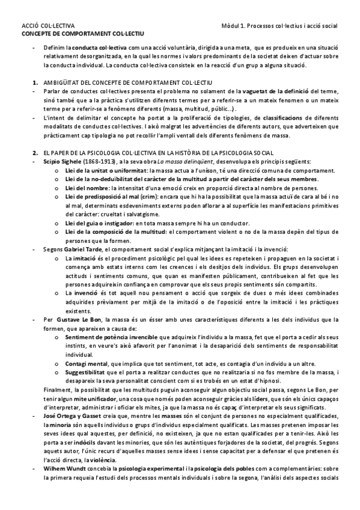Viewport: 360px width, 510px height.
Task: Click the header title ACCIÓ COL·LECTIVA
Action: pos(48,26)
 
